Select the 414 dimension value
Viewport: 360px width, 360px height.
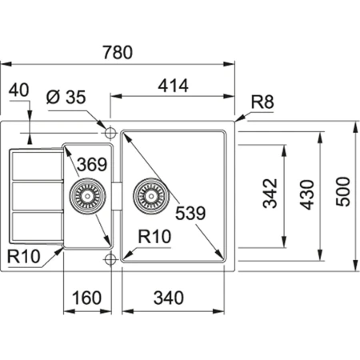point(173,86)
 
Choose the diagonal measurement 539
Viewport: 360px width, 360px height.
point(190,214)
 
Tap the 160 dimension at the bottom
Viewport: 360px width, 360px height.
point(86,298)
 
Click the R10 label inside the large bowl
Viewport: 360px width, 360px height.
point(152,238)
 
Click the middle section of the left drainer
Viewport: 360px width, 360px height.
point(37,195)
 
